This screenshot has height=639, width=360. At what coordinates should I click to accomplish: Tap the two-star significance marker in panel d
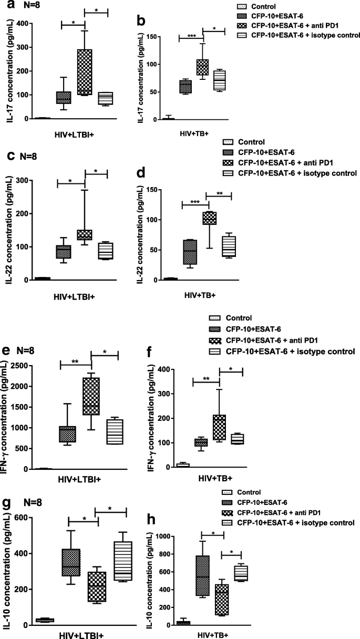[x=220, y=193]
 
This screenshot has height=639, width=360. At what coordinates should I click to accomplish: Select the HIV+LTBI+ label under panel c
[x=74, y=296]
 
